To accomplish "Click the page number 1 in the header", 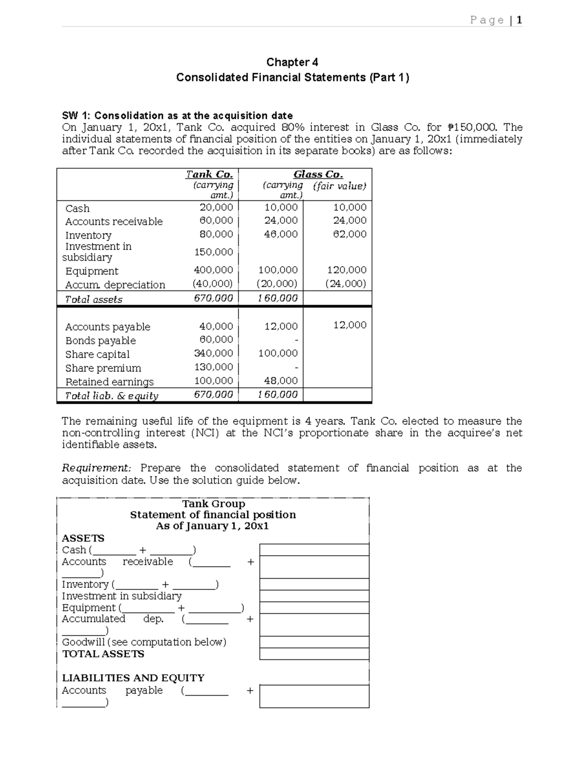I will pos(520,20).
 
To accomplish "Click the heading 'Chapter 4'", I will pos(292,62).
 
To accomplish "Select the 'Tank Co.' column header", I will pos(209,175).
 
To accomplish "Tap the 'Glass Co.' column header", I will pos(318,175).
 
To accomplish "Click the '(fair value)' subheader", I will pos(340,186).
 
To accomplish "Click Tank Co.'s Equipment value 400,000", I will pos(214,270).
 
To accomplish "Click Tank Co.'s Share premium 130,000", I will pos(214,367).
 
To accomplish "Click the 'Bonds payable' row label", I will pos(100,341).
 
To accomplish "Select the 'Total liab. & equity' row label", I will pos(112,396).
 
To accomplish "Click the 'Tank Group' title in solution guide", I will pos(213,504).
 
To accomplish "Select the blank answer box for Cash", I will pos(314,550).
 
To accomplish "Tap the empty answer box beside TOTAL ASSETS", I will pos(314,654).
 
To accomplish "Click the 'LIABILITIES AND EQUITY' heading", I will pos(133,678).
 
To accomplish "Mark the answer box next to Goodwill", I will pos(314,642).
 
